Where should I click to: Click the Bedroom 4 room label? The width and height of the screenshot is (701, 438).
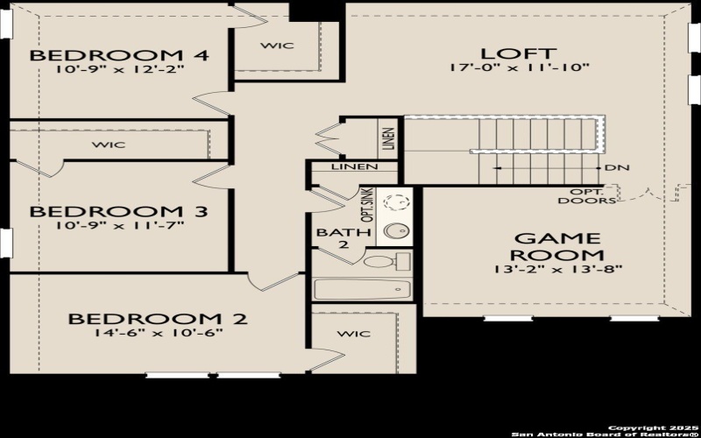click(119, 56)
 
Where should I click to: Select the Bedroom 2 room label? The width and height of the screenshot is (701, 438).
click(158, 319)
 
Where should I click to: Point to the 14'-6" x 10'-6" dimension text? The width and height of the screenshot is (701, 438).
click(159, 333)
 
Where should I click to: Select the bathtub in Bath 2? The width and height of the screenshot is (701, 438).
click(361, 289)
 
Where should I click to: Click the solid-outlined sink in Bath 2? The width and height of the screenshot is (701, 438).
click(395, 231)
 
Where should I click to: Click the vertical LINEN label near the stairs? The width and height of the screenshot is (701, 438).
click(388, 139)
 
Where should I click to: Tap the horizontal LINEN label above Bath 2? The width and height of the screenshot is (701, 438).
click(354, 166)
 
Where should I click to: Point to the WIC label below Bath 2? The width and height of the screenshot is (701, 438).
click(353, 334)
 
